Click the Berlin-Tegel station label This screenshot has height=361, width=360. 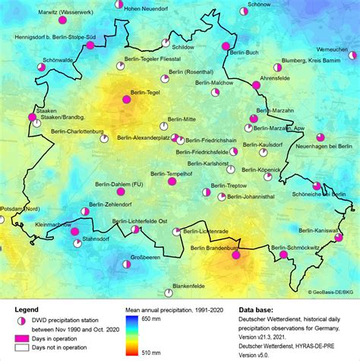(x=145, y=93)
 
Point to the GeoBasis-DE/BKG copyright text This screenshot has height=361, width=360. (x=332, y=291)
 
